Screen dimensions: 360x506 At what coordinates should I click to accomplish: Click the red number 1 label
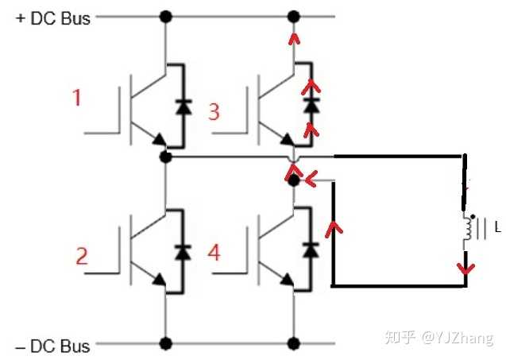(77, 99)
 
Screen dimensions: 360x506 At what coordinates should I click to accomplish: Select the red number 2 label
(81, 256)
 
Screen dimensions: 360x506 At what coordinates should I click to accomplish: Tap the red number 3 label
(213, 110)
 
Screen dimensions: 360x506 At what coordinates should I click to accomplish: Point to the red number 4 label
(213, 253)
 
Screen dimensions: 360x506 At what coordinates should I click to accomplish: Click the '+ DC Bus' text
(53, 18)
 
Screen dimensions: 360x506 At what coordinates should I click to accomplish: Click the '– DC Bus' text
(53, 346)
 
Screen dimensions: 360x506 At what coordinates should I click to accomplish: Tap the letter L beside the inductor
(497, 228)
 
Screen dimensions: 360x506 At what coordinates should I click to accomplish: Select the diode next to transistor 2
(184, 251)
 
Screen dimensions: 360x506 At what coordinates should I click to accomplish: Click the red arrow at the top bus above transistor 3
(294, 39)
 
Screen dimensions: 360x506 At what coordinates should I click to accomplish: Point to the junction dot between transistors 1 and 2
(166, 157)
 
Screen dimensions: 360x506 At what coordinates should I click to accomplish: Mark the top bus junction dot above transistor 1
(166, 16)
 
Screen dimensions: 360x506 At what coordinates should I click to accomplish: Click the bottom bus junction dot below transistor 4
(294, 344)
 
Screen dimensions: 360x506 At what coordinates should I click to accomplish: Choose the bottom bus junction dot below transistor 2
(166, 344)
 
